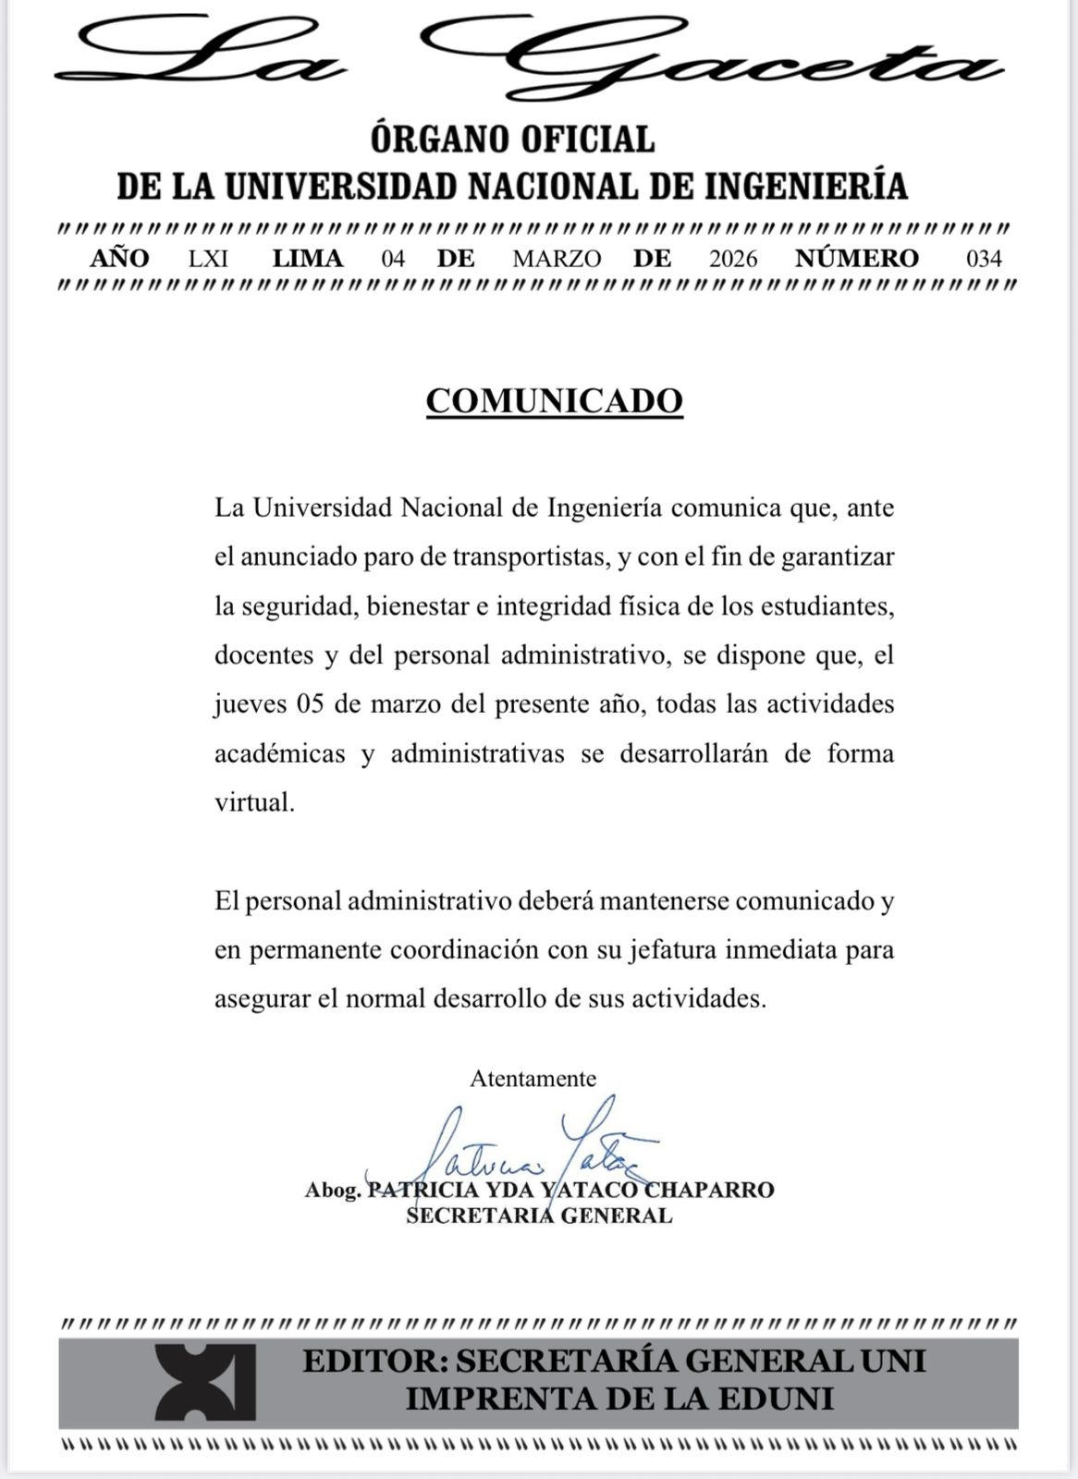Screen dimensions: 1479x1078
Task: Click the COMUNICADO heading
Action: [x=554, y=400]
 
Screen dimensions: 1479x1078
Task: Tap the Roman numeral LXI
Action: [x=208, y=258]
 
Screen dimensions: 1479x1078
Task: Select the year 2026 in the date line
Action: [x=733, y=258]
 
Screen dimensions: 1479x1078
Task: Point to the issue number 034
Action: [x=984, y=258]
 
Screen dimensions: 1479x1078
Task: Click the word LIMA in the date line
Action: [x=308, y=258]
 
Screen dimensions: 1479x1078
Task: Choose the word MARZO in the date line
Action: [x=557, y=258]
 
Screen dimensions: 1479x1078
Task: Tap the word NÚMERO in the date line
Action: [x=857, y=258]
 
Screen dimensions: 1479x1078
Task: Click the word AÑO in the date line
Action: [x=119, y=258]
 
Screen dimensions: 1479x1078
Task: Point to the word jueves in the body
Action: [x=249, y=704]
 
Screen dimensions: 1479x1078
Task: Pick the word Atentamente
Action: [x=533, y=1078]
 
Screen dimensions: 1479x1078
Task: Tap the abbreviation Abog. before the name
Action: [x=333, y=1190]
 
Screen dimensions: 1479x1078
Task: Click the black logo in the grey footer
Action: [x=204, y=1382]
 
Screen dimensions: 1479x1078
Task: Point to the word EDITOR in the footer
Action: [x=374, y=1361]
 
